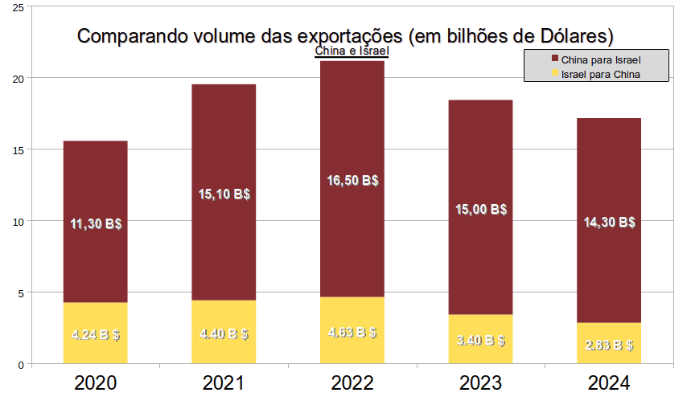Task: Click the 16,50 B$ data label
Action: click(x=352, y=181)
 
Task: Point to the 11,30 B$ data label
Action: click(x=95, y=223)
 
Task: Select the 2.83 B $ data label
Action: click(x=609, y=346)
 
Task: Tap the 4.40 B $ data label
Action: click(x=224, y=334)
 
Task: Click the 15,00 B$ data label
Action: click(x=480, y=209)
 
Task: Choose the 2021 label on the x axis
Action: click(x=224, y=384)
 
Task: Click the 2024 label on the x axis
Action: click(x=609, y=384)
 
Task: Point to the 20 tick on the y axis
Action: click(x=17, y=78)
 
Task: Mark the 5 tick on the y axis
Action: click(x=19, y=292)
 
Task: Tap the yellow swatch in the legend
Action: click(x=554, y=75)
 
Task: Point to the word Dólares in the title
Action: click(x=576, y=36)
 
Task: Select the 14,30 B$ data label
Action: click(x=609, y=223)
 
